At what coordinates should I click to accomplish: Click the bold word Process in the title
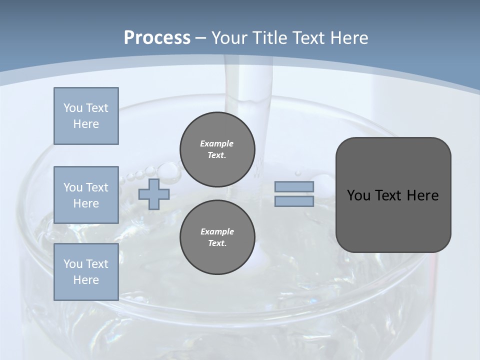pos(157,38)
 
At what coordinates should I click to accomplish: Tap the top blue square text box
pos(86,116)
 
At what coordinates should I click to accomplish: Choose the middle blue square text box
pos(86,195)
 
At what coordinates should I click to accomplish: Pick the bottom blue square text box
pos(86,272)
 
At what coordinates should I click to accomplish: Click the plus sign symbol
pos(154,194)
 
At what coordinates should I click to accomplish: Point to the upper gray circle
pos(217,149)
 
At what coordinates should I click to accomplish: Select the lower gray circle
pos(217,237)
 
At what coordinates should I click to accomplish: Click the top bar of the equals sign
pos(294,187)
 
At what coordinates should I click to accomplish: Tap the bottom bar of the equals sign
pos(294,201)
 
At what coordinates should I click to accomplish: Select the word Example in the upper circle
pos(217,143)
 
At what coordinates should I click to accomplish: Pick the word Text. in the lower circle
pos(217,243)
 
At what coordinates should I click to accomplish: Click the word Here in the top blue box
pos(86,124)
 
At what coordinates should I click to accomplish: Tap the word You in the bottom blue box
pos(72,264)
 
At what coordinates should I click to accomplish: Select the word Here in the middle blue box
pos(86,203)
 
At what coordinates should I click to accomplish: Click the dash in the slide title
pos(200,38)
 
